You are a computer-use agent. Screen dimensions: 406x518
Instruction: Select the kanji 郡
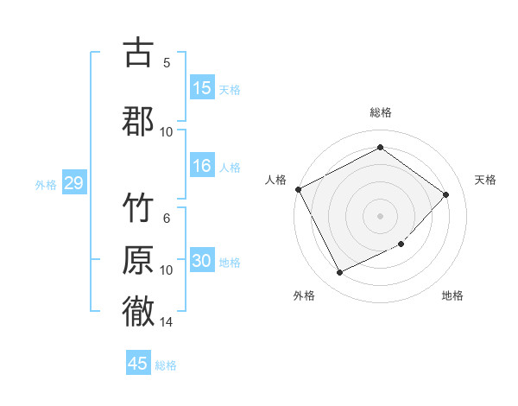(x=138, y=120)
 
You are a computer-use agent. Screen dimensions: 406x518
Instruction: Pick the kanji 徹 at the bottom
(x=138, y=311)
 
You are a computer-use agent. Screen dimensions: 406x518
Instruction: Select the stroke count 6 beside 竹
(x=166, y=219)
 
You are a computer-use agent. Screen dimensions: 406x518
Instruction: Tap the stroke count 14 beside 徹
(x=166, y=322)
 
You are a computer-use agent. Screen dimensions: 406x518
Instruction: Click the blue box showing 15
(x=202, y=88)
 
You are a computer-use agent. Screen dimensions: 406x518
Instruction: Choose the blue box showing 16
(x=202, y=167)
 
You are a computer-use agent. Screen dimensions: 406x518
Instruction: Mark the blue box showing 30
(x=202, y=262)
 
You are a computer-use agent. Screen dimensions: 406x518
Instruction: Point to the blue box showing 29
(x=73, y=183)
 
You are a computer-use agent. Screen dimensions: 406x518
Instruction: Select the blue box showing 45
(x=138, y=364)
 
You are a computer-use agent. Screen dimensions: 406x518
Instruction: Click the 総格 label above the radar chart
(x=381, y=112)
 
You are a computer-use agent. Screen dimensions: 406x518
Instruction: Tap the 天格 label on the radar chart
(x=486, y=180)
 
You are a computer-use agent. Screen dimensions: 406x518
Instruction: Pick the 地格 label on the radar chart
(x=452, y=295)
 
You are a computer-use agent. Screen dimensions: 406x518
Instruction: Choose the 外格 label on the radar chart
(x=304, y=295)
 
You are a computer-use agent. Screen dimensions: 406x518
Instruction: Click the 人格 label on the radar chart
(x=276, y=180)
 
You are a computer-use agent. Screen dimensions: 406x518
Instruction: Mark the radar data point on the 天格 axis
(x=445, y=194)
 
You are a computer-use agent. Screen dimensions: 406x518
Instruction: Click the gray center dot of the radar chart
(x=380, y=215)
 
